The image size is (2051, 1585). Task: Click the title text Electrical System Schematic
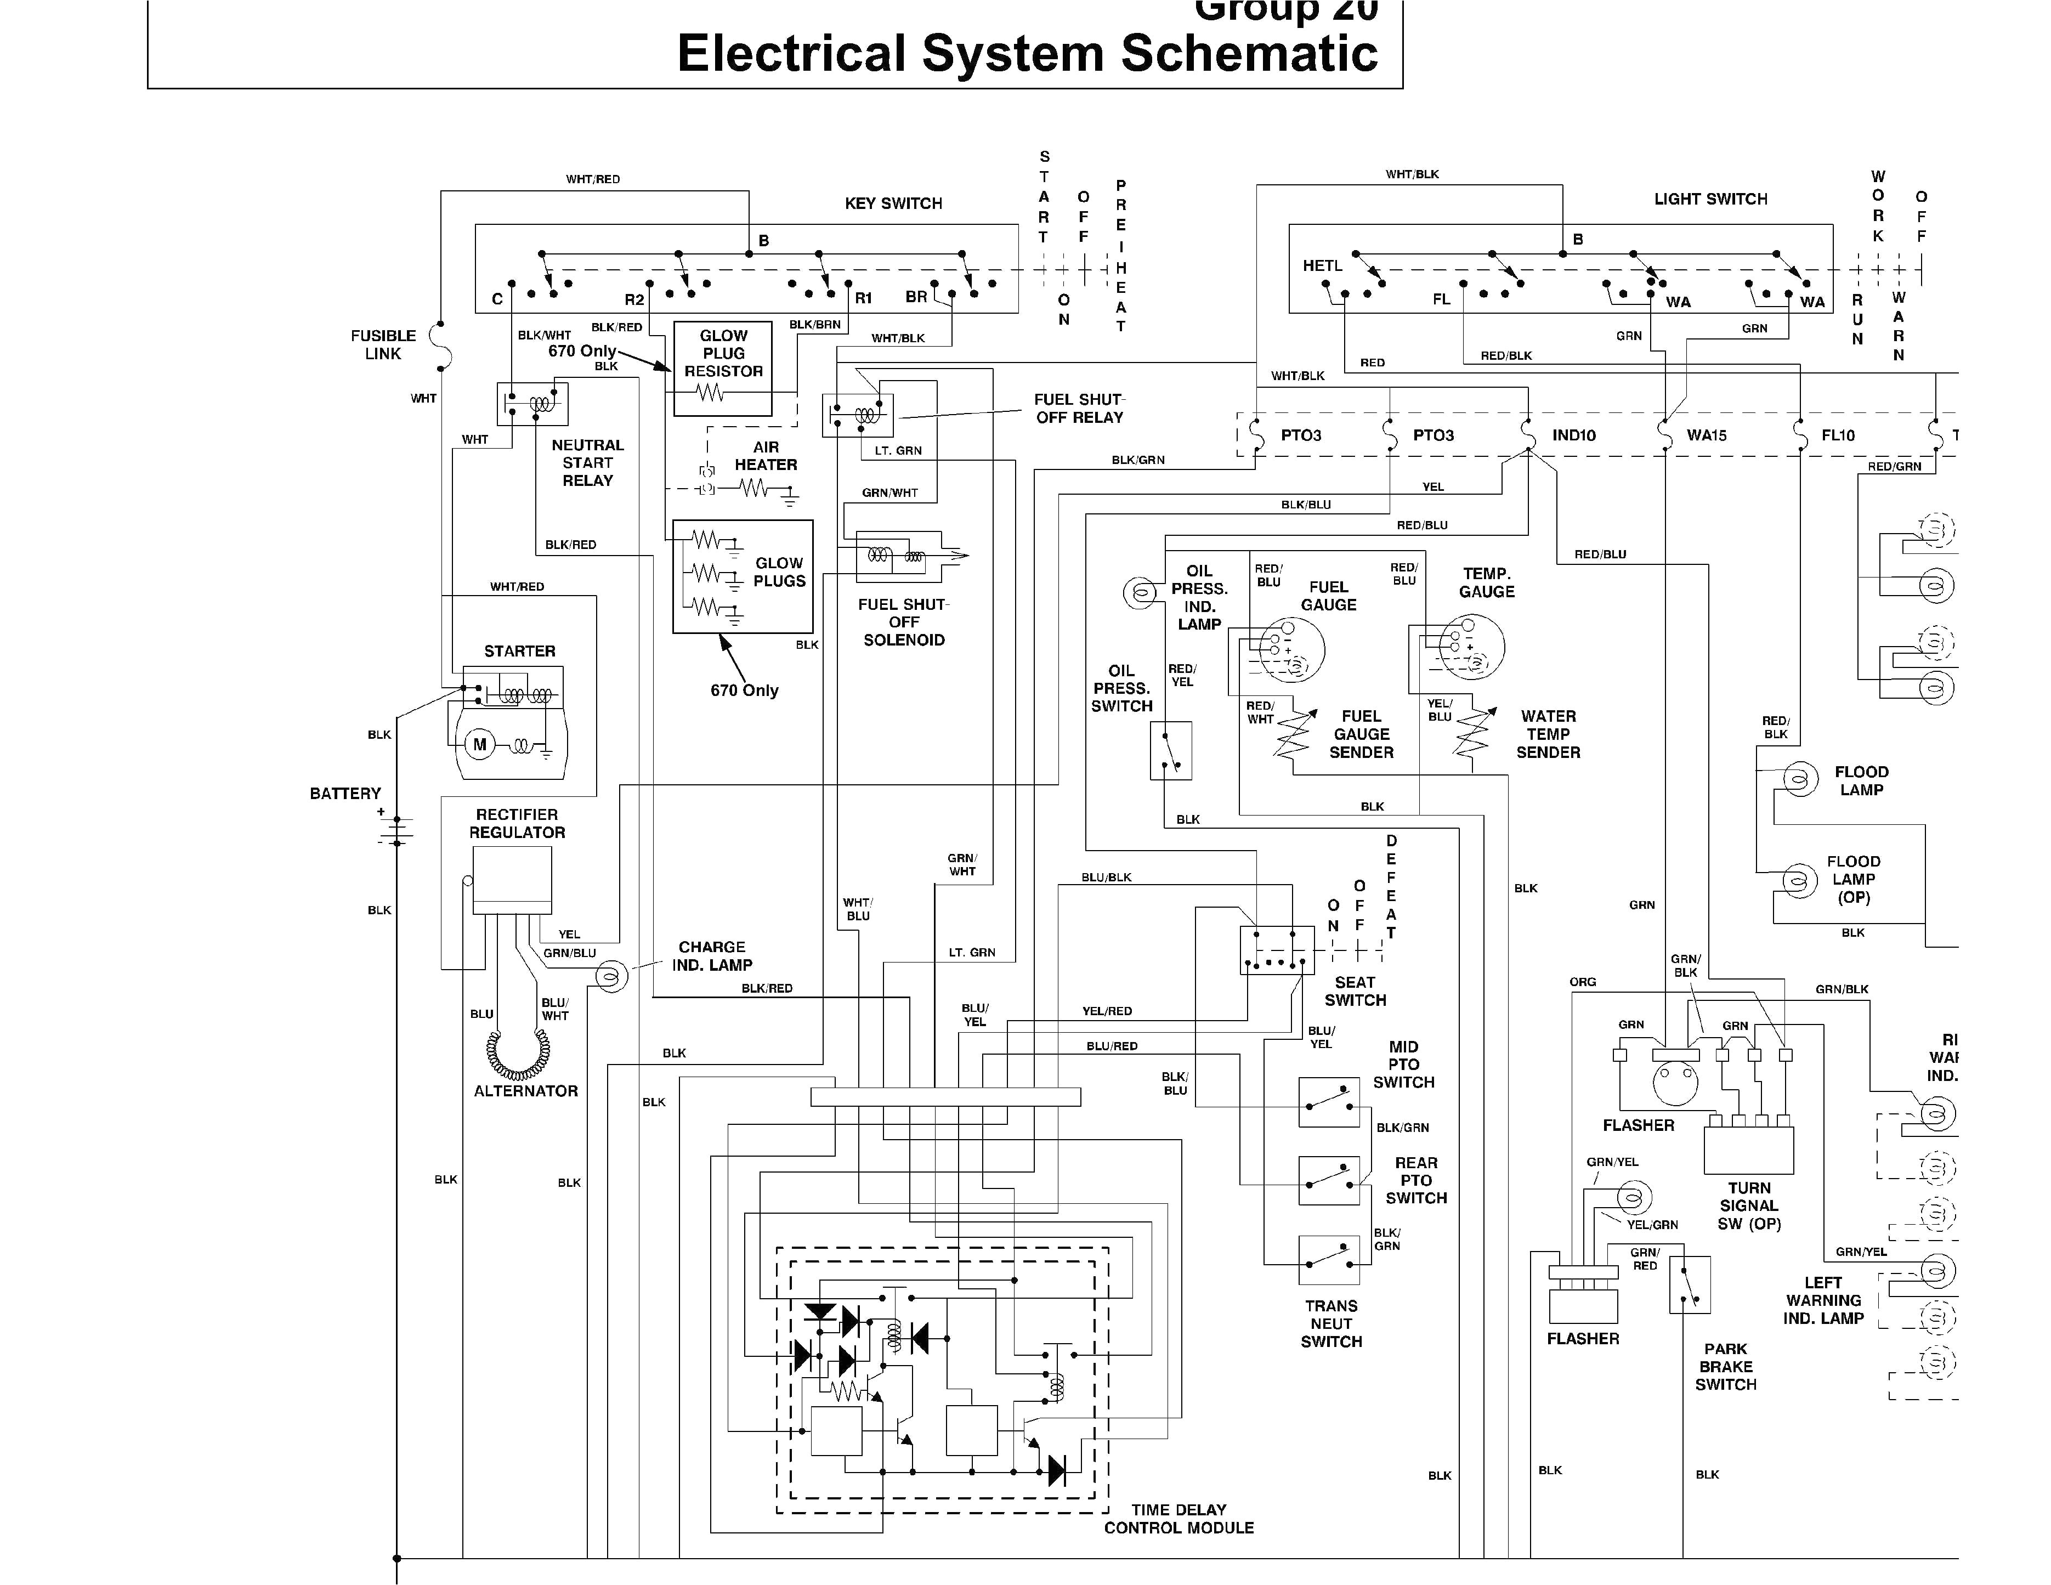pos(1027,54)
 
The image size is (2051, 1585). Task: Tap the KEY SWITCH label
pos(893,204)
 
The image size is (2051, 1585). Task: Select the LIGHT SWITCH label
pos(1710,199)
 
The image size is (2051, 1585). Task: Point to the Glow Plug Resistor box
pos(723,368)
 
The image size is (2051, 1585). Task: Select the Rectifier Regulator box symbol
pos(512,880)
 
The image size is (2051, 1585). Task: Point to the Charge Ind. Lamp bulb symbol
pos(611,977)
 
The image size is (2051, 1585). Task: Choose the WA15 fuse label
pos(1707,435)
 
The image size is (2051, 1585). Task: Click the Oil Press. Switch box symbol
pos(1170,750)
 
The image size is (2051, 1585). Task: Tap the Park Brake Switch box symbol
pos(1690,1284)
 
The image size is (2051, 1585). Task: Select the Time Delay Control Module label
pos(1179,1518)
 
